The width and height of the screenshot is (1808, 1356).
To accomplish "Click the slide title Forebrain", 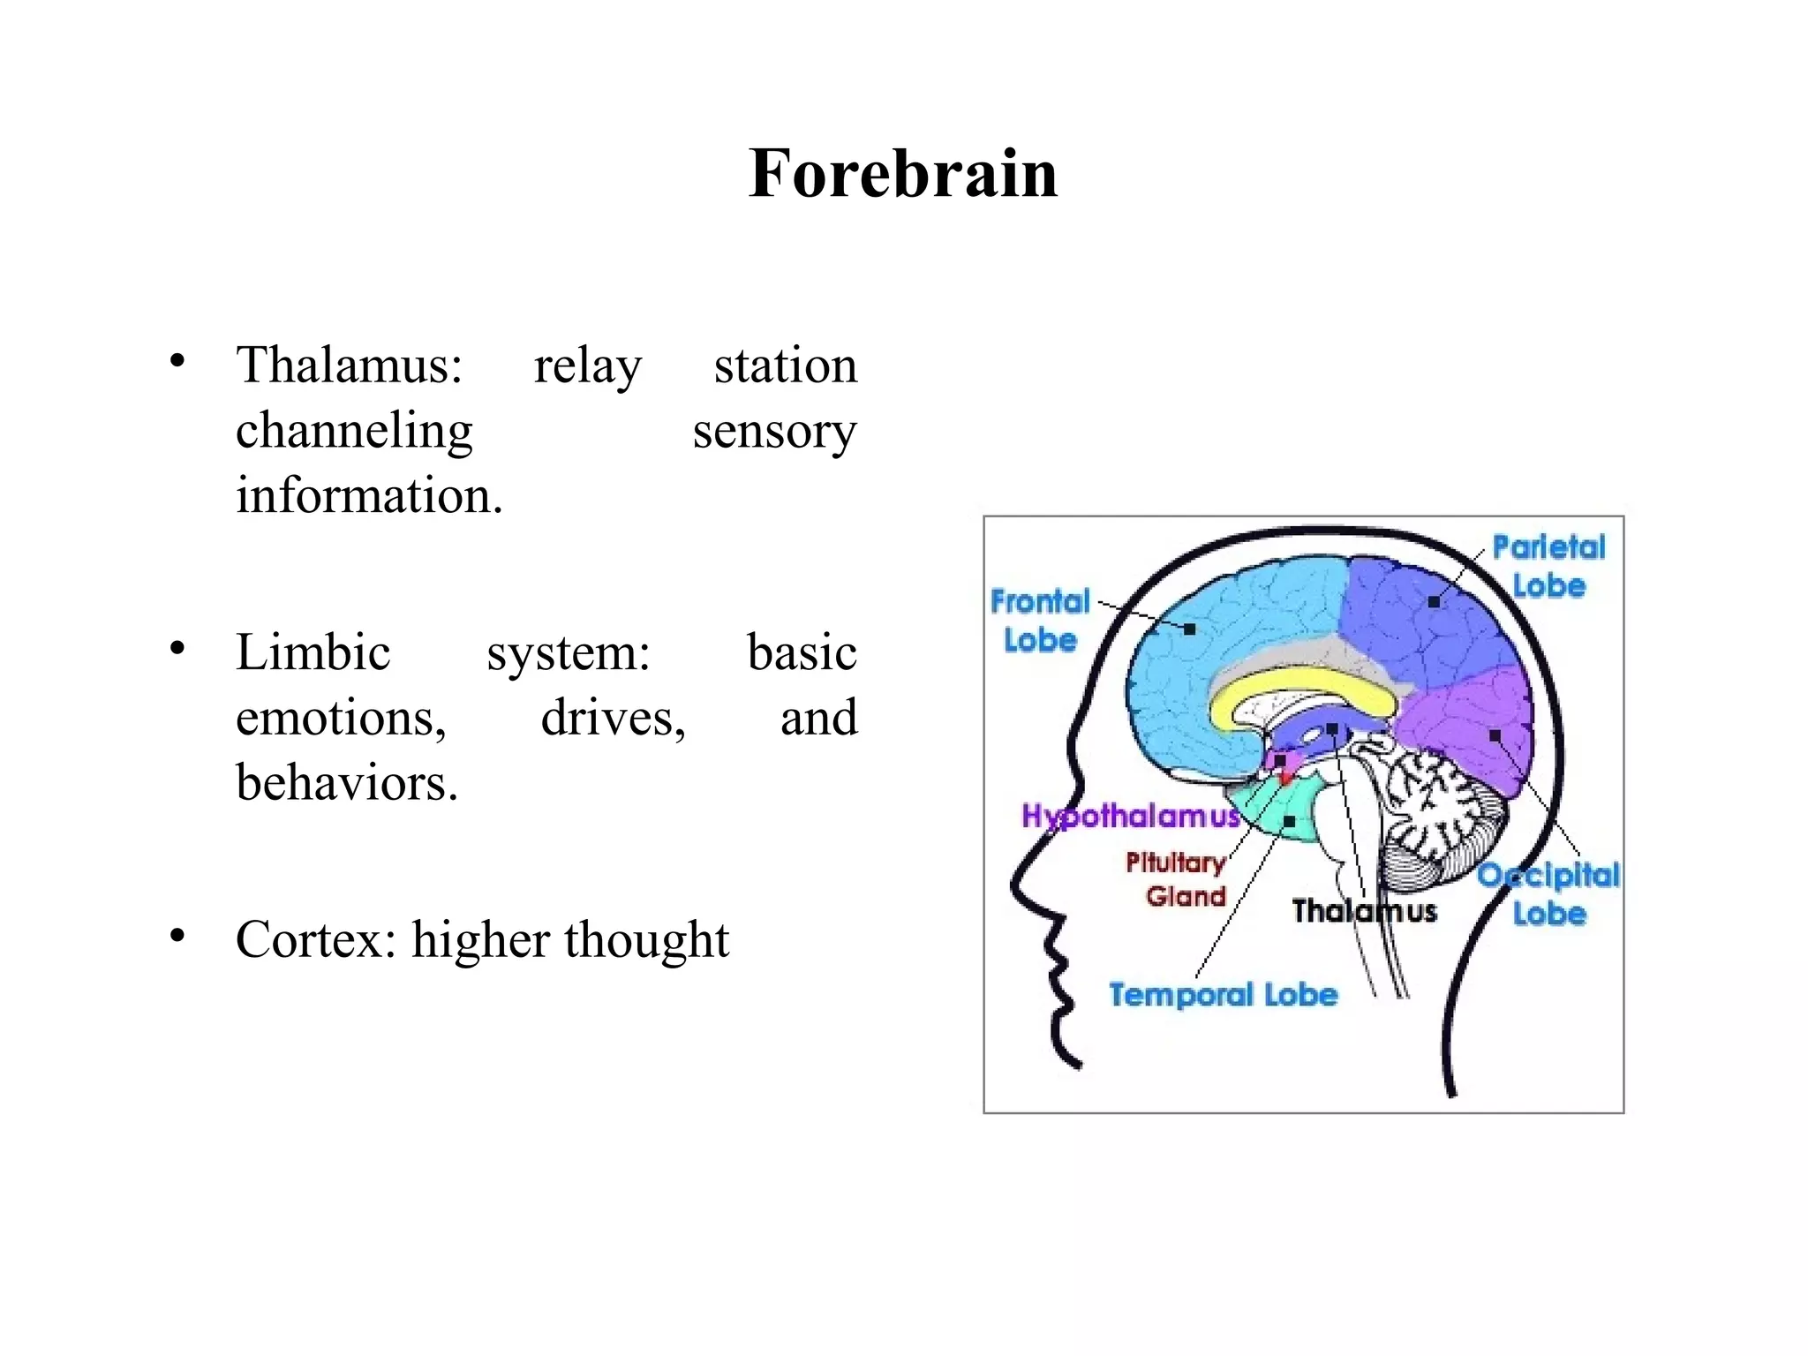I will (x=902, y=173).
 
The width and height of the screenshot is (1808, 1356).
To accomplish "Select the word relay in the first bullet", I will (x=587, y=365).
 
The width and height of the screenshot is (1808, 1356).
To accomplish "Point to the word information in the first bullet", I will (x=368, y=495).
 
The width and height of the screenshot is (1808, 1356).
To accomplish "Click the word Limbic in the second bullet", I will (x=313, y=652).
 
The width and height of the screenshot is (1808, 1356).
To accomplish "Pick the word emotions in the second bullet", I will (x=341, y=718).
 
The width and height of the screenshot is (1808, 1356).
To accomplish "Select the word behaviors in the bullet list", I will (x=346, y=783).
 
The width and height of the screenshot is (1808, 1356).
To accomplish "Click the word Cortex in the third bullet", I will (x=315, y=939).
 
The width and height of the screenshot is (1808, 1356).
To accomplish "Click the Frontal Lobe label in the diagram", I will (x=1041, y=621).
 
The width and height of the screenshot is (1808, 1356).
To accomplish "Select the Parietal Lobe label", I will (x=1548, y=566).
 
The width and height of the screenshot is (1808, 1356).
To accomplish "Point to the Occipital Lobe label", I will (x=1549, y=893).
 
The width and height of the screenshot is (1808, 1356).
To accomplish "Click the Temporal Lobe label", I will (x=1223, y=995).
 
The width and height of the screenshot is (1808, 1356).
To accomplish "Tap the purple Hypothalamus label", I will (x=1131, y=816).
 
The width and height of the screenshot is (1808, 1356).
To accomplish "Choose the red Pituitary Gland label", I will (x=1177, y=879).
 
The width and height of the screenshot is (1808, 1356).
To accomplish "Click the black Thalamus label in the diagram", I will (x=1364, y=910).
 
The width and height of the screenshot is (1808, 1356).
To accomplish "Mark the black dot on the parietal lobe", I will (x=1434, y=602).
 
